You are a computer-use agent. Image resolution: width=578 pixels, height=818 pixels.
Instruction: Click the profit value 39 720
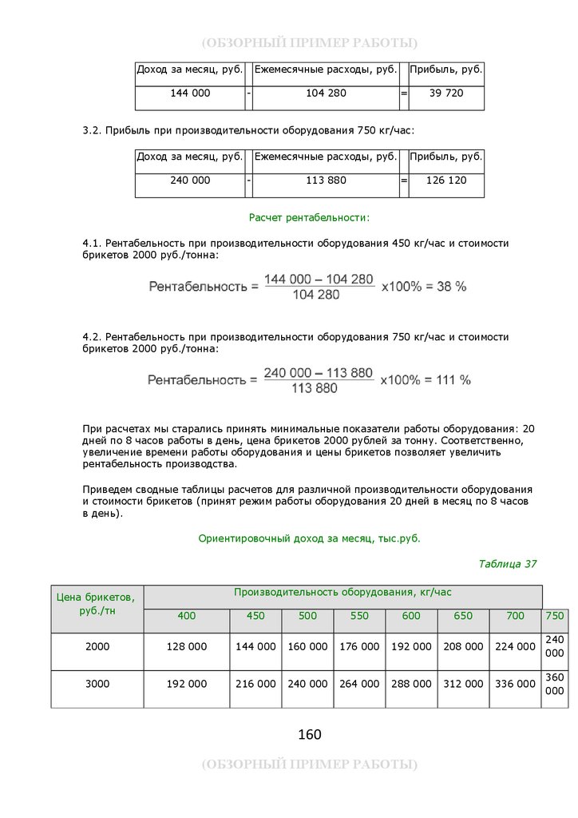(x=446, y=93)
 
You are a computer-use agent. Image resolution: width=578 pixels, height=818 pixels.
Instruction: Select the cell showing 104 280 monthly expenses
(x=326, y=93)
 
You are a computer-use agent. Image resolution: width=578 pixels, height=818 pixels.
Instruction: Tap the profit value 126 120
(x=446, y=181)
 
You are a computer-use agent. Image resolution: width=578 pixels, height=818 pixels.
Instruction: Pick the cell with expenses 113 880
(x=326, y=181)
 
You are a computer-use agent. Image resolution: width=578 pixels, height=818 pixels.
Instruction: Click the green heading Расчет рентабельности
(x=309, y=217)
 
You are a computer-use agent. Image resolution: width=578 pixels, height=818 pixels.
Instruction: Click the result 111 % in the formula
(x=453, y=379)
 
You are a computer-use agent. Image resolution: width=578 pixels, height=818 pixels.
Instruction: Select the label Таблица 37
(x=507, y=564)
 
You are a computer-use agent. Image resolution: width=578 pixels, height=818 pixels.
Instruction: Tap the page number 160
(x=309, y=734)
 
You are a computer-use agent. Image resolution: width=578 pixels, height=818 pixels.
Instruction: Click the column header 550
(x=359, y=616)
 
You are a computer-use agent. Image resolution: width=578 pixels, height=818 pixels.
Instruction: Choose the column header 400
(x=186, y=616)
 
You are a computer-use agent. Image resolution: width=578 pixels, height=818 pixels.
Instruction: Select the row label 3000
(x=97, y=684)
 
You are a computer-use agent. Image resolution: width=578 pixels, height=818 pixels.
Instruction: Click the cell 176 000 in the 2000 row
(x=359, y=647)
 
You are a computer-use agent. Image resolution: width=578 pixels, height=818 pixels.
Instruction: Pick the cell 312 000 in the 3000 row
(x=463, y=684)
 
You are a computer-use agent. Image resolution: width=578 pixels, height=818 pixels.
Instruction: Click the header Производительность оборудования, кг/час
(x=342, y=593)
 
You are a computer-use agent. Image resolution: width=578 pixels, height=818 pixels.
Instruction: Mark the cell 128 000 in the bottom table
(x=186, y=647)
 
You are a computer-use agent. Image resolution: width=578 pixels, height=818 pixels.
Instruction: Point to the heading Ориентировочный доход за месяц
(x=309, y=538)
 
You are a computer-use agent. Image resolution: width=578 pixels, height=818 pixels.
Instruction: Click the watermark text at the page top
(x=309, y=42)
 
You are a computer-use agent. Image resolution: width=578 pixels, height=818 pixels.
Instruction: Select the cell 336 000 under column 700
(x=515, y=684)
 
